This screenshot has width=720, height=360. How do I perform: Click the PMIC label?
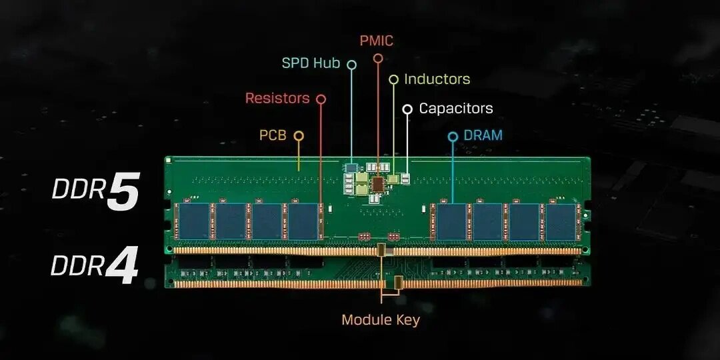coord(376,41)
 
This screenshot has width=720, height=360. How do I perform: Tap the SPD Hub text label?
coord(311,63)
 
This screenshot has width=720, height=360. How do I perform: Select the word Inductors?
coord(437,79)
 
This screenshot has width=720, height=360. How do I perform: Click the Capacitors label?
coord(456,108)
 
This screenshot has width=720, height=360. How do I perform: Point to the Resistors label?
coord(277,98)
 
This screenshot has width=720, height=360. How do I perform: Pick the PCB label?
coord(273,135)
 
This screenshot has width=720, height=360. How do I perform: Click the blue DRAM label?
coord(483,135)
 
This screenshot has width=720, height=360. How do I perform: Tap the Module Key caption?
coord(380,320)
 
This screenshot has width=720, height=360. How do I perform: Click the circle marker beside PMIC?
coord(378,59)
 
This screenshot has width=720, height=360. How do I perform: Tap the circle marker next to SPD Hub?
coord(351,65)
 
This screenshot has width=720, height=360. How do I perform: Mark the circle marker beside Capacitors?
coord(407,109)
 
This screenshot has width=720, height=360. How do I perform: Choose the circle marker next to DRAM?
coord(453,137)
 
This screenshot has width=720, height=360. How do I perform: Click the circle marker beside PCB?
coord(299,136)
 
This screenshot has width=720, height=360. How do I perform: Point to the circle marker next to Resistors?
coord(321,99)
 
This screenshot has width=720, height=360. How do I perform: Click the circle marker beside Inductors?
coord(393,80)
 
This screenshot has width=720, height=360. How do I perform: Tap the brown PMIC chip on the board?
coord(378,183)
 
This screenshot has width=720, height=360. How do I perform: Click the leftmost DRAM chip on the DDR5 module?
coord(195,221)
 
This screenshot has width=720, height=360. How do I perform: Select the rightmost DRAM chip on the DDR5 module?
coord(561,221)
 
